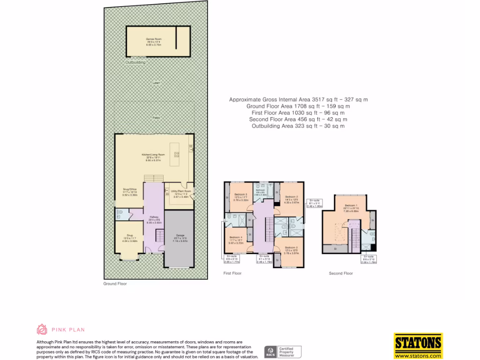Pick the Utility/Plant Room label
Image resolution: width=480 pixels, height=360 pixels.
click(180, 191)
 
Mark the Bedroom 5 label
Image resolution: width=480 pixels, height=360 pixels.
click(240, 195)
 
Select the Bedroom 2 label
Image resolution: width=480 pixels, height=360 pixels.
click(291, 197)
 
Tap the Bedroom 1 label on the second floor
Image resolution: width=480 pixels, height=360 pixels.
click(351, 206)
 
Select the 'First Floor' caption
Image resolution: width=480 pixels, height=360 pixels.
click(232, 273)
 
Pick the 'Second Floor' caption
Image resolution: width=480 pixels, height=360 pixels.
click(340, 273)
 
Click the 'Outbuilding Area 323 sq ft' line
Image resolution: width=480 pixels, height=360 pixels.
click(298, 126)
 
